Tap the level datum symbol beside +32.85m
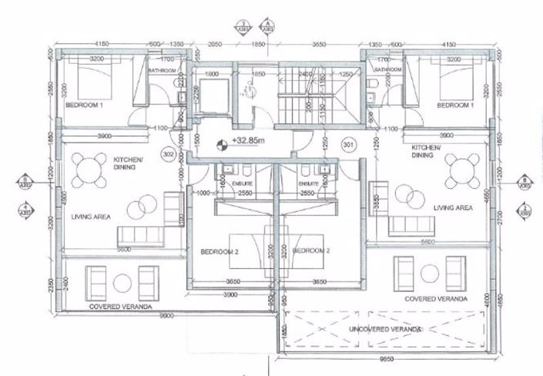pyautogui.click(x=223, y=143)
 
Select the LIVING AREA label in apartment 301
pyautogui.click(x=452, y=208)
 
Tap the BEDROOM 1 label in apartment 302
pyautogui.click(x=85, y=103)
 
